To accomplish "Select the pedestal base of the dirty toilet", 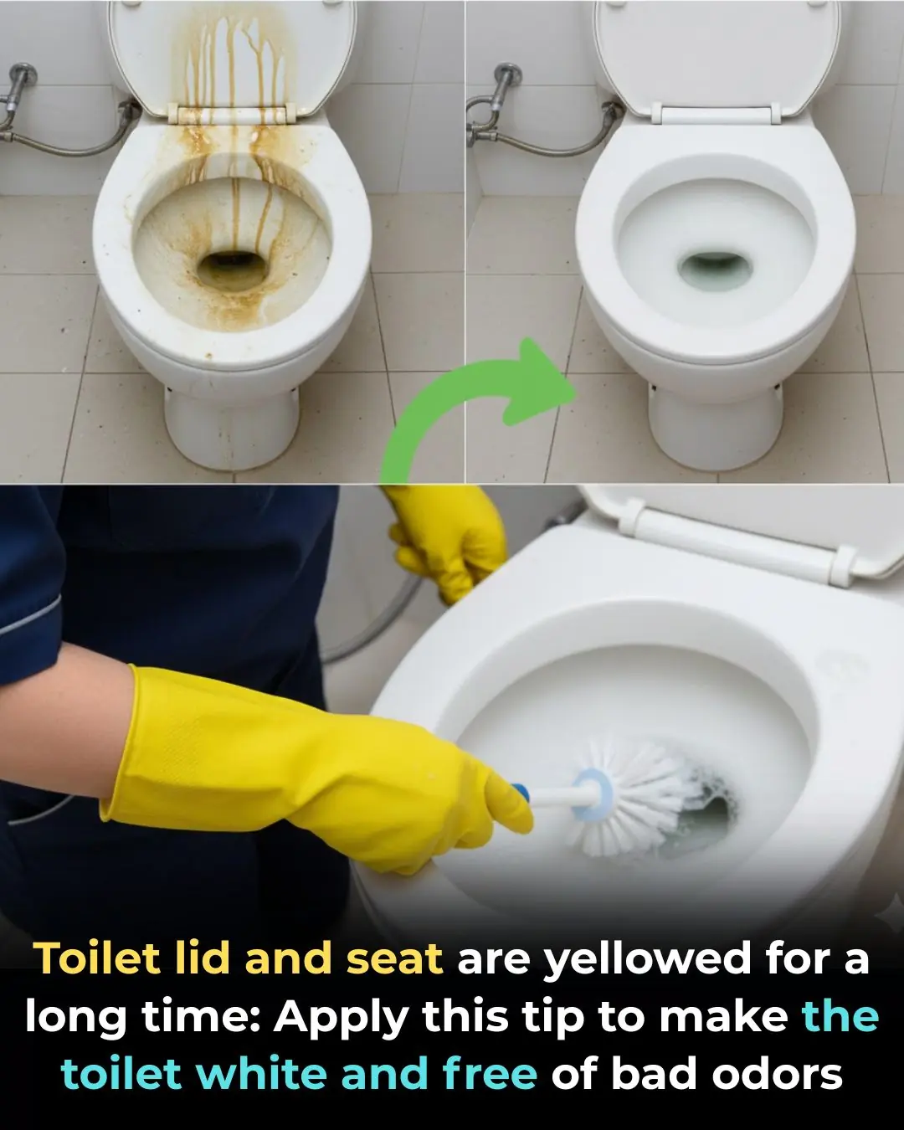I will tap(231, 427).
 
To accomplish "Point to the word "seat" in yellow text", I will tap(394, 958).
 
